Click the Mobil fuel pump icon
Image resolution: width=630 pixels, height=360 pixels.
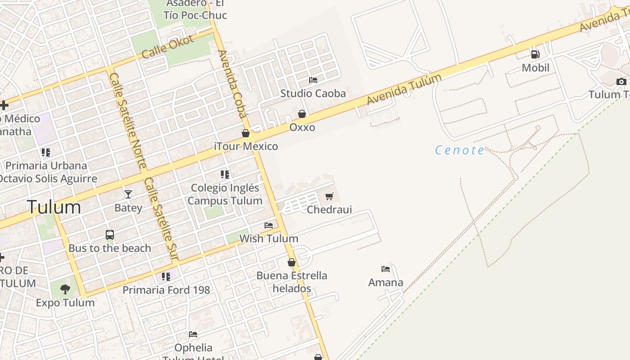coord(535,54)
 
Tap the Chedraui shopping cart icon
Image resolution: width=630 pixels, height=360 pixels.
coord(329,196)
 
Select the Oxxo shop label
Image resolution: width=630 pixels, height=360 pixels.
coord(302,127)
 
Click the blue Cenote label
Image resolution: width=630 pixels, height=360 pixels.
coord(459,150)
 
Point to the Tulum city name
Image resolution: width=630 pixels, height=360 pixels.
coord(54,207)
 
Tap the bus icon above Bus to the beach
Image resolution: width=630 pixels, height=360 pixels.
coord(110,235)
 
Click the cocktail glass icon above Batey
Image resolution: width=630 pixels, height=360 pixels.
coord(128,194)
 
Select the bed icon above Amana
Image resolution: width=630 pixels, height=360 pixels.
coord(386,269)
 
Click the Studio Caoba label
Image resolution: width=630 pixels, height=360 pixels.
coord(313,94)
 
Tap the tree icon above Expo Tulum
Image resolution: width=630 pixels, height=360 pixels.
coord(65,289)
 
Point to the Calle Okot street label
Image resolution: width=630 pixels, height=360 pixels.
coord(167,46)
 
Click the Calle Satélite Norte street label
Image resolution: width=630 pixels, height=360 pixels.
coord(128,121)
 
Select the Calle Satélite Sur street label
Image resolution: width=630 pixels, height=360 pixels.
coord(160,219)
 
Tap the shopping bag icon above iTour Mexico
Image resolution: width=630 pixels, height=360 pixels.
coord(246,133)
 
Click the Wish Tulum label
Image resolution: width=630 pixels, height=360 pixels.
coord(269,238)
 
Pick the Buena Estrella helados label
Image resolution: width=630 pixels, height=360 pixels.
coord(292,282)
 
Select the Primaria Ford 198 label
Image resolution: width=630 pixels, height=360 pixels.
coord(166,290)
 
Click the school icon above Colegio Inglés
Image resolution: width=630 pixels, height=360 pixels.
coord(225,175)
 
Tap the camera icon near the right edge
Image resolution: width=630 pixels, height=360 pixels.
coord(621,81)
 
